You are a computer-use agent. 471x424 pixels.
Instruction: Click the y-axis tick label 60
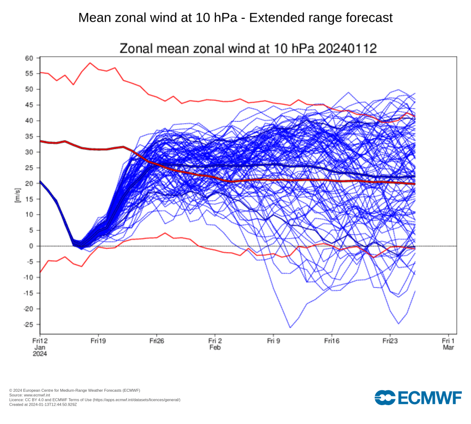tap(30, 58)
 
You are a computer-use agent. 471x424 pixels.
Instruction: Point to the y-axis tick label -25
tap(29, 325)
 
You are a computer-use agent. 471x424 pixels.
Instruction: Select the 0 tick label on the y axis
tap(32, 246)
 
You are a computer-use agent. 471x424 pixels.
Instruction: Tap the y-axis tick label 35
tap(30, 136)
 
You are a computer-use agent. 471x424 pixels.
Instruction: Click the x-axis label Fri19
tap(98, 341)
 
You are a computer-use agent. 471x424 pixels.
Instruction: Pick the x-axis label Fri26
tap(157, 341)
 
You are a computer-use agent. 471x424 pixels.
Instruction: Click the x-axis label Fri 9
tap(273, 341)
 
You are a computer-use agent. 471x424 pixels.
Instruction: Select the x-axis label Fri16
tap(332, 341)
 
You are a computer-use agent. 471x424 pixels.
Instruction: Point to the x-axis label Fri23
tap(390, 341)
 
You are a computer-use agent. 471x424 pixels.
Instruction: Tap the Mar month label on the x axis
tap(449, 348)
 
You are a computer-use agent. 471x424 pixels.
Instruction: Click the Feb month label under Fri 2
tap(215, 348)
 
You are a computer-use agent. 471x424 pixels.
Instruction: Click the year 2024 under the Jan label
tap(40, 354)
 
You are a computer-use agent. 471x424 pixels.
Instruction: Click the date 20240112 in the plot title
tap(352, 48)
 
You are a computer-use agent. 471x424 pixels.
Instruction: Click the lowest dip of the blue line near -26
tap(290, 327)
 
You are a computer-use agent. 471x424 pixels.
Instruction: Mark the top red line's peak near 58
tap(90, 63)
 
